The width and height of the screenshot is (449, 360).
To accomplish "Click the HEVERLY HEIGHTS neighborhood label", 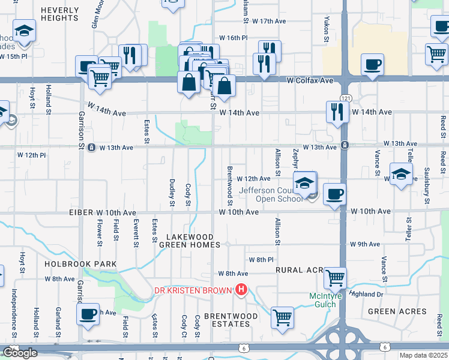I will click(x=61, y=14).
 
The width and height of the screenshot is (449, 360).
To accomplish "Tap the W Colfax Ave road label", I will click(x=309, y=80).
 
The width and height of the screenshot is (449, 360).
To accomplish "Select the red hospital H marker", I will click(x=241, y=291).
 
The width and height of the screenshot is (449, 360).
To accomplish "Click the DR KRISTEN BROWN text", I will click(x=193, y=291).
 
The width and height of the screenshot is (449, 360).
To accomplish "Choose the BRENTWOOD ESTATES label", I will click(x=231, y=320).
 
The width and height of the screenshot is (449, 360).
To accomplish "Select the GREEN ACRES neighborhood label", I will click(x=397, y=311).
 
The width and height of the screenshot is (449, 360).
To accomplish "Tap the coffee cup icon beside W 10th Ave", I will click(x=334, y=194).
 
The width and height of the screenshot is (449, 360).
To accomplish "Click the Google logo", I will click(x=20, y=353).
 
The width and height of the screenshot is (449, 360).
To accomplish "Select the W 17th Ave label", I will click(x=269, y=21).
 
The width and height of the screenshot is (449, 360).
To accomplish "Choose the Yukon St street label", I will click(x=327, y=26).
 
